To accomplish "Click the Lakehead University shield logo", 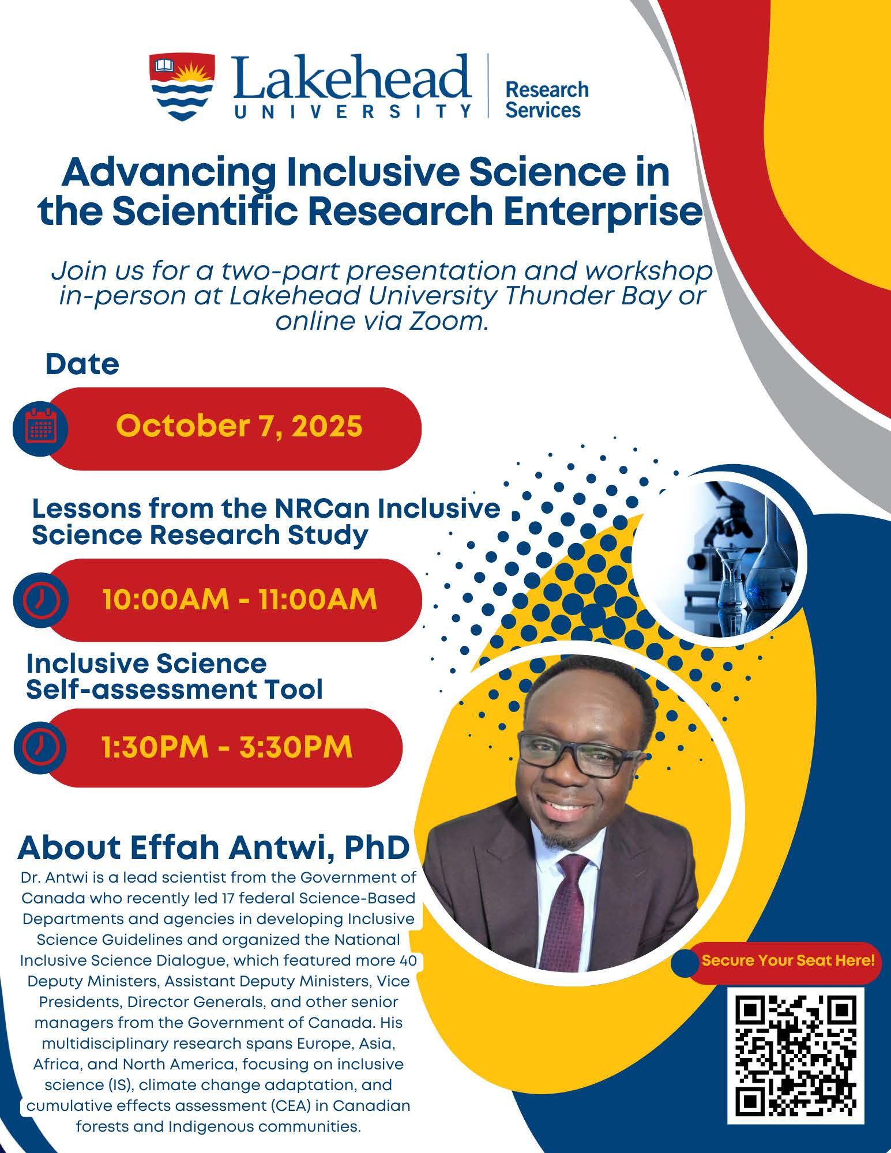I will (182, 86).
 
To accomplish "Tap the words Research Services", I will (546, 100).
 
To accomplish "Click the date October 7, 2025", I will (239, 427).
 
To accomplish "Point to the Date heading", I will (82, 364).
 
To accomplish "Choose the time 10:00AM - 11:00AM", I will (239, 600).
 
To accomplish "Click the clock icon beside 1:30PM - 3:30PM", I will (40, 747).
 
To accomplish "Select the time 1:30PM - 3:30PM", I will (227, 747).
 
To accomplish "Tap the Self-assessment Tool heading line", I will (174, 689).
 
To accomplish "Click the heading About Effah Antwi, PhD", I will (213, 847).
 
